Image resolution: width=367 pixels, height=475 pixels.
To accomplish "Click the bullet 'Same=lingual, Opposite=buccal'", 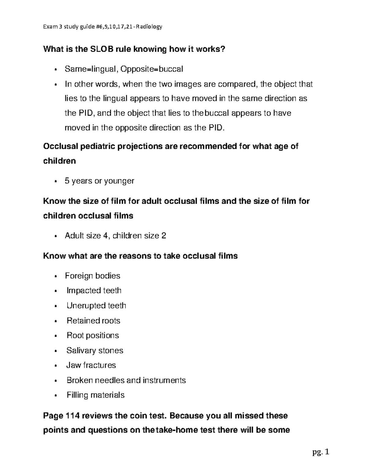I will click(124, 69).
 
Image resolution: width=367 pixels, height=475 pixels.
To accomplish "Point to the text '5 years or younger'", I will click(99, 181).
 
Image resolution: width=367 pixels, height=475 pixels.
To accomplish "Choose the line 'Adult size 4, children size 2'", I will click(115, 236).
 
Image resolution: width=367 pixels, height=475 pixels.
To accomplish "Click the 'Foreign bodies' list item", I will click(92, 276).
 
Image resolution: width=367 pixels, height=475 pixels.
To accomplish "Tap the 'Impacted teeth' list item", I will click(94, 291).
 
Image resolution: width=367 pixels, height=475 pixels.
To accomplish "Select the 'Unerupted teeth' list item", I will click(96, 306).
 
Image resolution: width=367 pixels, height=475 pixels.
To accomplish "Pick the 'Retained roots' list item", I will click(93, 321).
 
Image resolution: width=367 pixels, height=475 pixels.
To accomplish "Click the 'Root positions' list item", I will click(93, 336).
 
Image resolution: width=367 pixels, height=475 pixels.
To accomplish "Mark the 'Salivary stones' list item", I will click(95, 351).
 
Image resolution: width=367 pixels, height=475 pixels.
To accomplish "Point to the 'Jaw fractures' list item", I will click(91, 365).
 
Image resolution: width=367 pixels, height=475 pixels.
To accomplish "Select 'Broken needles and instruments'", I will click(126, 380).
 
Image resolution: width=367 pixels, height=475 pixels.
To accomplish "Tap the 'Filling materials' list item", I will click(95, 395).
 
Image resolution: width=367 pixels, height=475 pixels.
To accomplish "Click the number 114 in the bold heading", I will click(72, 416).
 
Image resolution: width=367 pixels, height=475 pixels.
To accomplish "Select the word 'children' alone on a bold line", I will click(60, 161).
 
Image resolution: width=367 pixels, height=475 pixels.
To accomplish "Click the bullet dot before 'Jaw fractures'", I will click(55, 366).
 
